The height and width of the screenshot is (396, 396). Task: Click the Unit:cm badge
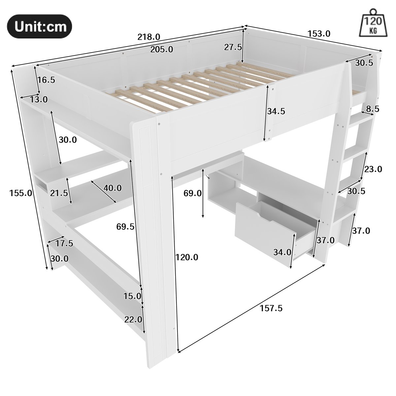(40, 26)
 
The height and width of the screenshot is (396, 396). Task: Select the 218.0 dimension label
(148, 37)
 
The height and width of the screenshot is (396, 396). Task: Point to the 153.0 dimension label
(319, 34)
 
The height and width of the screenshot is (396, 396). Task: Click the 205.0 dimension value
(161, 49)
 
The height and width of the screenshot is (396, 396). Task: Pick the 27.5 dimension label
(233, 48)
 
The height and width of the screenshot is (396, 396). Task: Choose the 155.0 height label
(21, 193)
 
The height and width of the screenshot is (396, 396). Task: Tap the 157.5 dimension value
(271, 308)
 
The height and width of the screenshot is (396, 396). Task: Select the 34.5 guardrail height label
(276, 111)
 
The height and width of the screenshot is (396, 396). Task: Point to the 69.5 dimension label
(125, 227)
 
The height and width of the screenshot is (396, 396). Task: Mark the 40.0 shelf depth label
(113, 188)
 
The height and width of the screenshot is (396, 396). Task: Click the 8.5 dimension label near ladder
(373, 109)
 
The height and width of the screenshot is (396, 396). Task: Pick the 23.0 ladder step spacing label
(373, 169)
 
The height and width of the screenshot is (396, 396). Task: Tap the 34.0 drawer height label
(282, 252)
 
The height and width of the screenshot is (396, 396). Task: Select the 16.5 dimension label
(46, 80)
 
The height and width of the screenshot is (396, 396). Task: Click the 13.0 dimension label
(39, 100)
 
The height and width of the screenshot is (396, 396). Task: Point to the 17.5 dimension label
(64, 244)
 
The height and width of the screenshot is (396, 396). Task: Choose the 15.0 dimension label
(132, 296)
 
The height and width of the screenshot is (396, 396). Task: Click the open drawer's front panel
(265, 227)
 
